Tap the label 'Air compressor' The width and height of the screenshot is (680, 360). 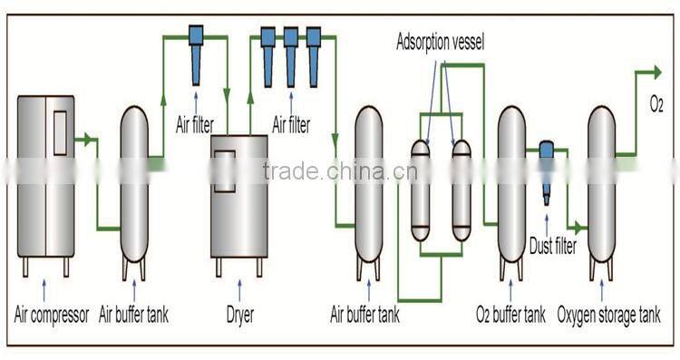click(x=51, y=316)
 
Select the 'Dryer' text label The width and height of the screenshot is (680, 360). click(x=239, y=316)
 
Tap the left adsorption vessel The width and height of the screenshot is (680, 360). click(x=421, y=190)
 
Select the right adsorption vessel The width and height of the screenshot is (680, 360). click(x=461, y=190)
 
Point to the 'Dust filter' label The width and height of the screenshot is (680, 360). click(x=552, y=242)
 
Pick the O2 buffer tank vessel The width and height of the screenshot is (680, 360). click(x=512, y=190)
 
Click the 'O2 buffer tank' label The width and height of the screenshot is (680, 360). click(x=510, y=316)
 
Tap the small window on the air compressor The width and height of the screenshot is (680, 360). click(x=61, y=137)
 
